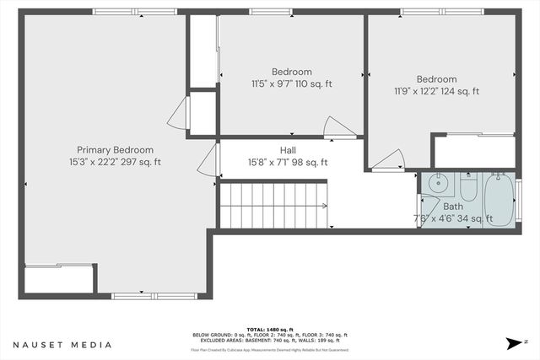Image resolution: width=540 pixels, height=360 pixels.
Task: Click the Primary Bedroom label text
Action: pos(115,149)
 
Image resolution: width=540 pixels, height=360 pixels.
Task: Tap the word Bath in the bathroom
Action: pos(453,206)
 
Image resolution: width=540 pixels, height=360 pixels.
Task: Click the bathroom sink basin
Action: pos(437,184)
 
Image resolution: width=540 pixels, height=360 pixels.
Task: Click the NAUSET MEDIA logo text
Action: pos(62,345)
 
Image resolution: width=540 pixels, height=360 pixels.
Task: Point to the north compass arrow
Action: pos(514,343)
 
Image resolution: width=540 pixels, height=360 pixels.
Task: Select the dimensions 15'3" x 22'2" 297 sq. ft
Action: pos(115,162)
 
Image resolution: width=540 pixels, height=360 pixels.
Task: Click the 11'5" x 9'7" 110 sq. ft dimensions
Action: pos(292,84)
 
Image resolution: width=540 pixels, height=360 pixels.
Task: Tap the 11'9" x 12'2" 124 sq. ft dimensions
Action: pos(436,91)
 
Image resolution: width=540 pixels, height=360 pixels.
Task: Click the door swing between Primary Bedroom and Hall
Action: pos(208,159)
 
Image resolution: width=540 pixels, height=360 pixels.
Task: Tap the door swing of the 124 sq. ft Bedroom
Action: pos(389,160)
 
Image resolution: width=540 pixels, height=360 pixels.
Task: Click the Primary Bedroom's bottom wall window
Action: pos(154,295)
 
